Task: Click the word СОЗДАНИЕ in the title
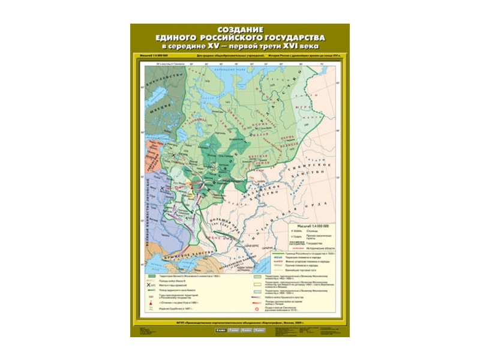239,28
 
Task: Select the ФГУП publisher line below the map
239,323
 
